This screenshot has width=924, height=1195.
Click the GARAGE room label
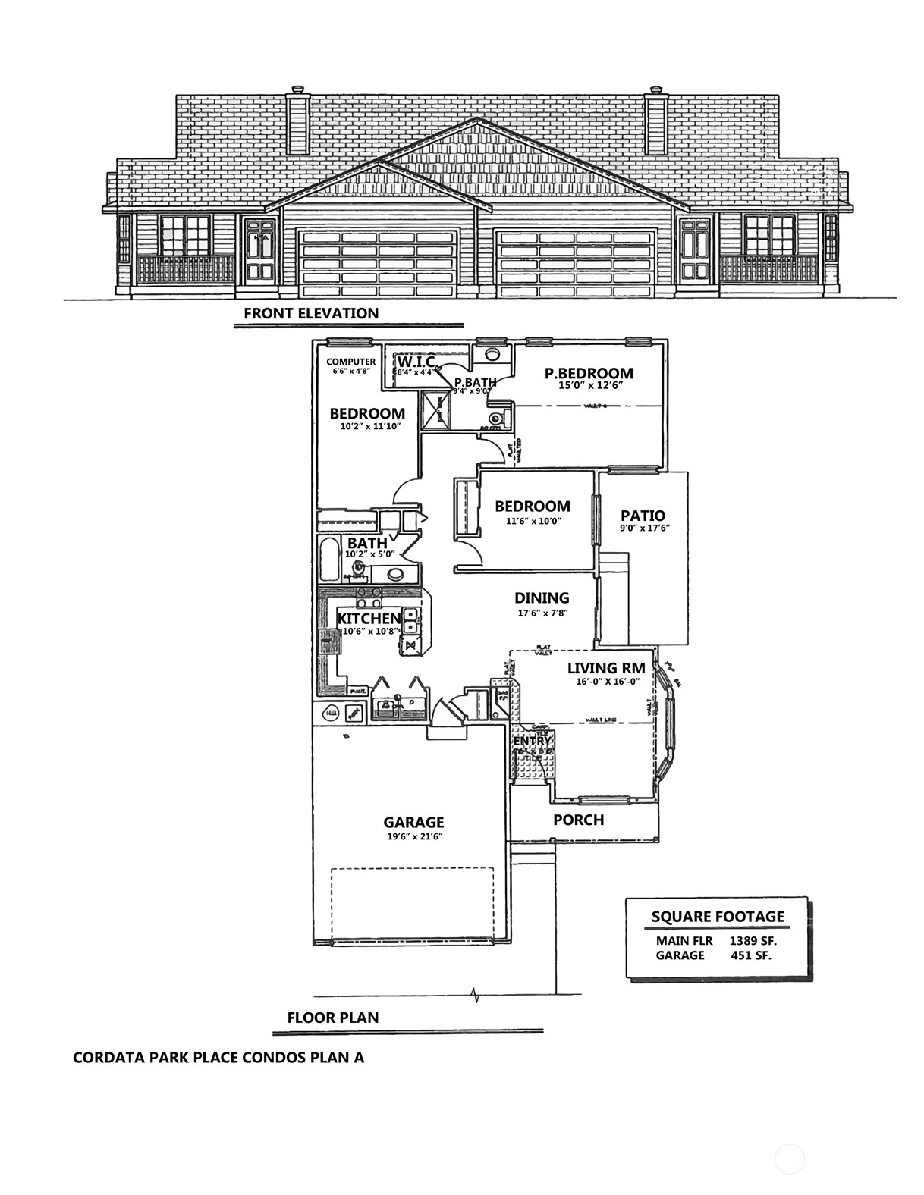pos(413,822)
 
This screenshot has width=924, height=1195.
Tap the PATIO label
pos(643,516)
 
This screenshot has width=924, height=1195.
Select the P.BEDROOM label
pos(589,373)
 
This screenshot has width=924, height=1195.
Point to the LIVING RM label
pos(606,668)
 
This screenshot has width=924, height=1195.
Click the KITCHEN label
pos(369,618)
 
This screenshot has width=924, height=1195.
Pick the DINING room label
pos(542,598)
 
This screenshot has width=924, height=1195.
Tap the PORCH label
pos(578,820)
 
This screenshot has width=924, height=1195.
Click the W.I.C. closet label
pos(415,361)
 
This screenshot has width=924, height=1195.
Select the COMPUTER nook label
pos(350,362)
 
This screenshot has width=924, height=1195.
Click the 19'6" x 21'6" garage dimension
pos(413,836)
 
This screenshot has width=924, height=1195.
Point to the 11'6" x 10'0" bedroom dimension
pos(532,521)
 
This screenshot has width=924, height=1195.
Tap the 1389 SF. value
pos(753,940)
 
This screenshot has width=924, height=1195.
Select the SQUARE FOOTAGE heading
pos(718,917)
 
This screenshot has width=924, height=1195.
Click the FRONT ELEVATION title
pos(311,313)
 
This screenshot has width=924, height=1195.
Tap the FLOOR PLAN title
pos(332,1018)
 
